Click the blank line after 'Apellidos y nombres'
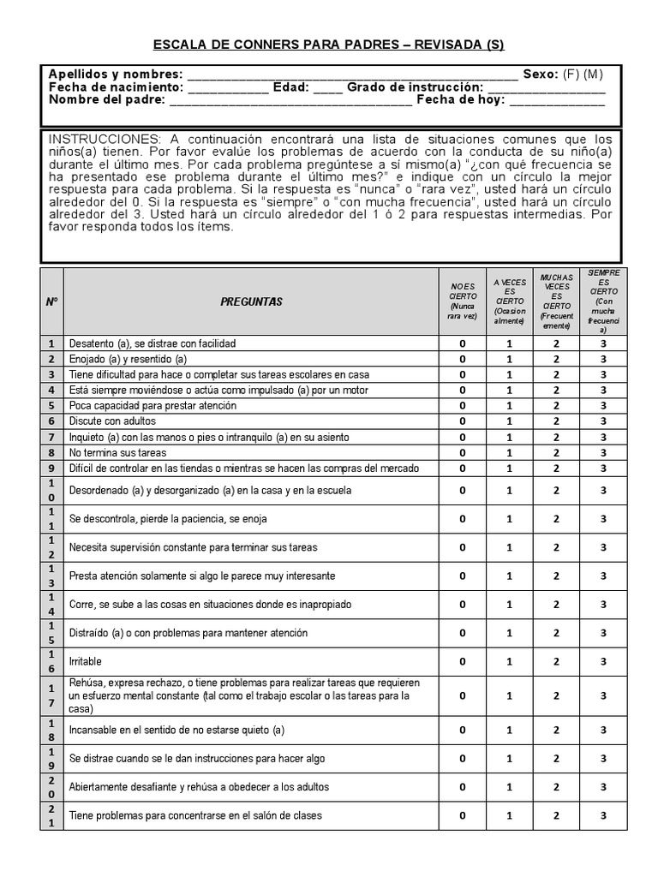[351, 75]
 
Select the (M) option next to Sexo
[594, 74]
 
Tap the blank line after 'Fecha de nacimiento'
[228, 87]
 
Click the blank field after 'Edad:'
[328, 87]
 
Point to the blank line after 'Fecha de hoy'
[557, 100]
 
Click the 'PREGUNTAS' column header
[251, 301]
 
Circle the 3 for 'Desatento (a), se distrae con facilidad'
[602, 343]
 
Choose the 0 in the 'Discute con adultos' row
[463, 421]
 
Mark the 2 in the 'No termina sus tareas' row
[556, 452]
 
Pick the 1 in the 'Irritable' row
[509, 661]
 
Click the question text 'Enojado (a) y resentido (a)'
[128, 359]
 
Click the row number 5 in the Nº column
[51, 406]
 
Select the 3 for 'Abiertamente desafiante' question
[602, 787]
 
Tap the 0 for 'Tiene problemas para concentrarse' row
[463, 815]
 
